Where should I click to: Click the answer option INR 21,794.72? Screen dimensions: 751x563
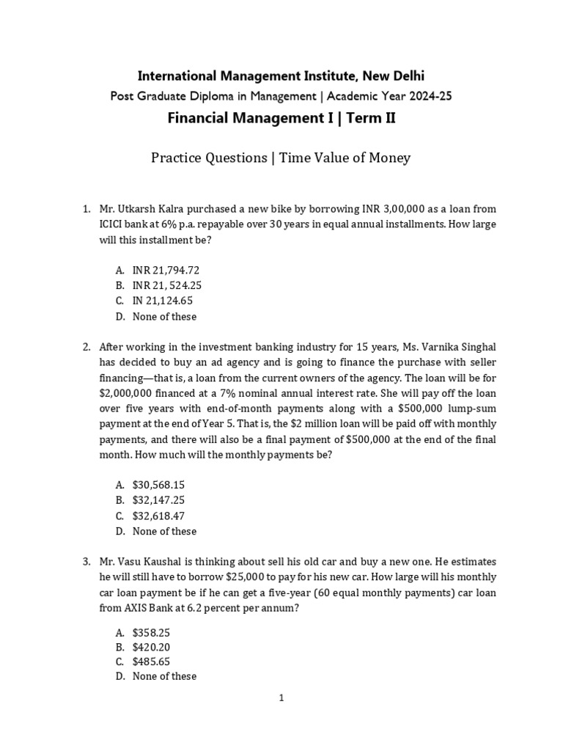point(166,270)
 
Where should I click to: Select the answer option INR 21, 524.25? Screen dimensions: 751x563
point(167,285)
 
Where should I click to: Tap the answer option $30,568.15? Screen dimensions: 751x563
point(158,485)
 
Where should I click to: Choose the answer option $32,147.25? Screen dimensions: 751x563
point(158,500)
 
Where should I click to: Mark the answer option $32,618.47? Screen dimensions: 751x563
point(158,516)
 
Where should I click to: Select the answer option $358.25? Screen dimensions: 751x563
point(151,631)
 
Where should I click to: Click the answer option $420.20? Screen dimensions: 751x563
point(151,647)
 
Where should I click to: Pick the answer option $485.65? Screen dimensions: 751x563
point(151,662)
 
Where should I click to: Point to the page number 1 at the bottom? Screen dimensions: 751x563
point(281,698)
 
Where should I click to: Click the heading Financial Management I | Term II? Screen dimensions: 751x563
point(281,117)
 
